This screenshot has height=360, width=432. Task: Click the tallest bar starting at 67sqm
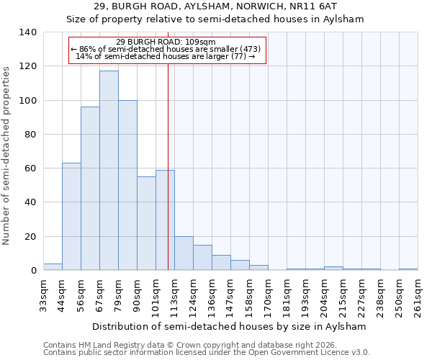point(109,171)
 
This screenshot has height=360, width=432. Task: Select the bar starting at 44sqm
point(71,217)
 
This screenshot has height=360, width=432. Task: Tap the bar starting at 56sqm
point(90,189)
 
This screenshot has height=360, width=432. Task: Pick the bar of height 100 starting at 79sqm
point(127,185)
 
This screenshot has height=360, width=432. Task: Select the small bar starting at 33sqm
point(53,267)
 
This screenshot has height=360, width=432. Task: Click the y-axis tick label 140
point(27,32)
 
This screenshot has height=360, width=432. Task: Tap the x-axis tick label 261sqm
point(418,295)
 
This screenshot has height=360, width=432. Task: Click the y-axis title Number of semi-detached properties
point(7,155)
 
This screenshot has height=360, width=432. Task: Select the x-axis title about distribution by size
point(230,326)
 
